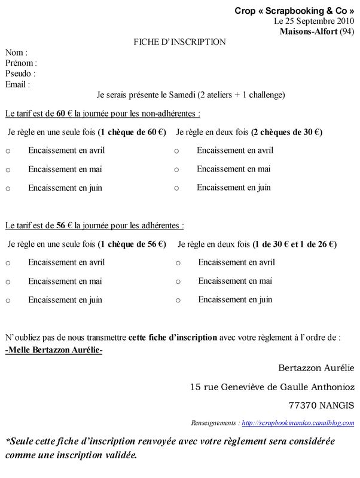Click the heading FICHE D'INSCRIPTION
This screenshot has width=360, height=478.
[179, 42]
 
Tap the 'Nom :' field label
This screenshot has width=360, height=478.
[16, 53]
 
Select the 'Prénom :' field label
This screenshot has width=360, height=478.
[21, 63]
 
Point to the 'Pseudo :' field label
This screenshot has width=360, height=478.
[20, 73]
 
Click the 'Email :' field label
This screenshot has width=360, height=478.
[17, 84]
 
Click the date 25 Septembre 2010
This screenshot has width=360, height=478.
[319, 21]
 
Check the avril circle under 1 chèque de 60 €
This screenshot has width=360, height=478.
[8, 151]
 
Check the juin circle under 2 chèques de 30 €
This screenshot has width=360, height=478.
[176, 188]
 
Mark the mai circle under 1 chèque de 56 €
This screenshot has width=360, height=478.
[8, 282]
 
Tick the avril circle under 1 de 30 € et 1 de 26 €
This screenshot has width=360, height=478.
[178, 263]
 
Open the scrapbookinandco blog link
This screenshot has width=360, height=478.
[298, 422]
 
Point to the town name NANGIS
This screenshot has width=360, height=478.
[336, 405]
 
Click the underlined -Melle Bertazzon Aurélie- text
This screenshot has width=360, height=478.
[54, 350]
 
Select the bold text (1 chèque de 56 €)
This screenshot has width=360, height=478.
[132, 244]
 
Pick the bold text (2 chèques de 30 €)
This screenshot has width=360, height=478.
[286, 132]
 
